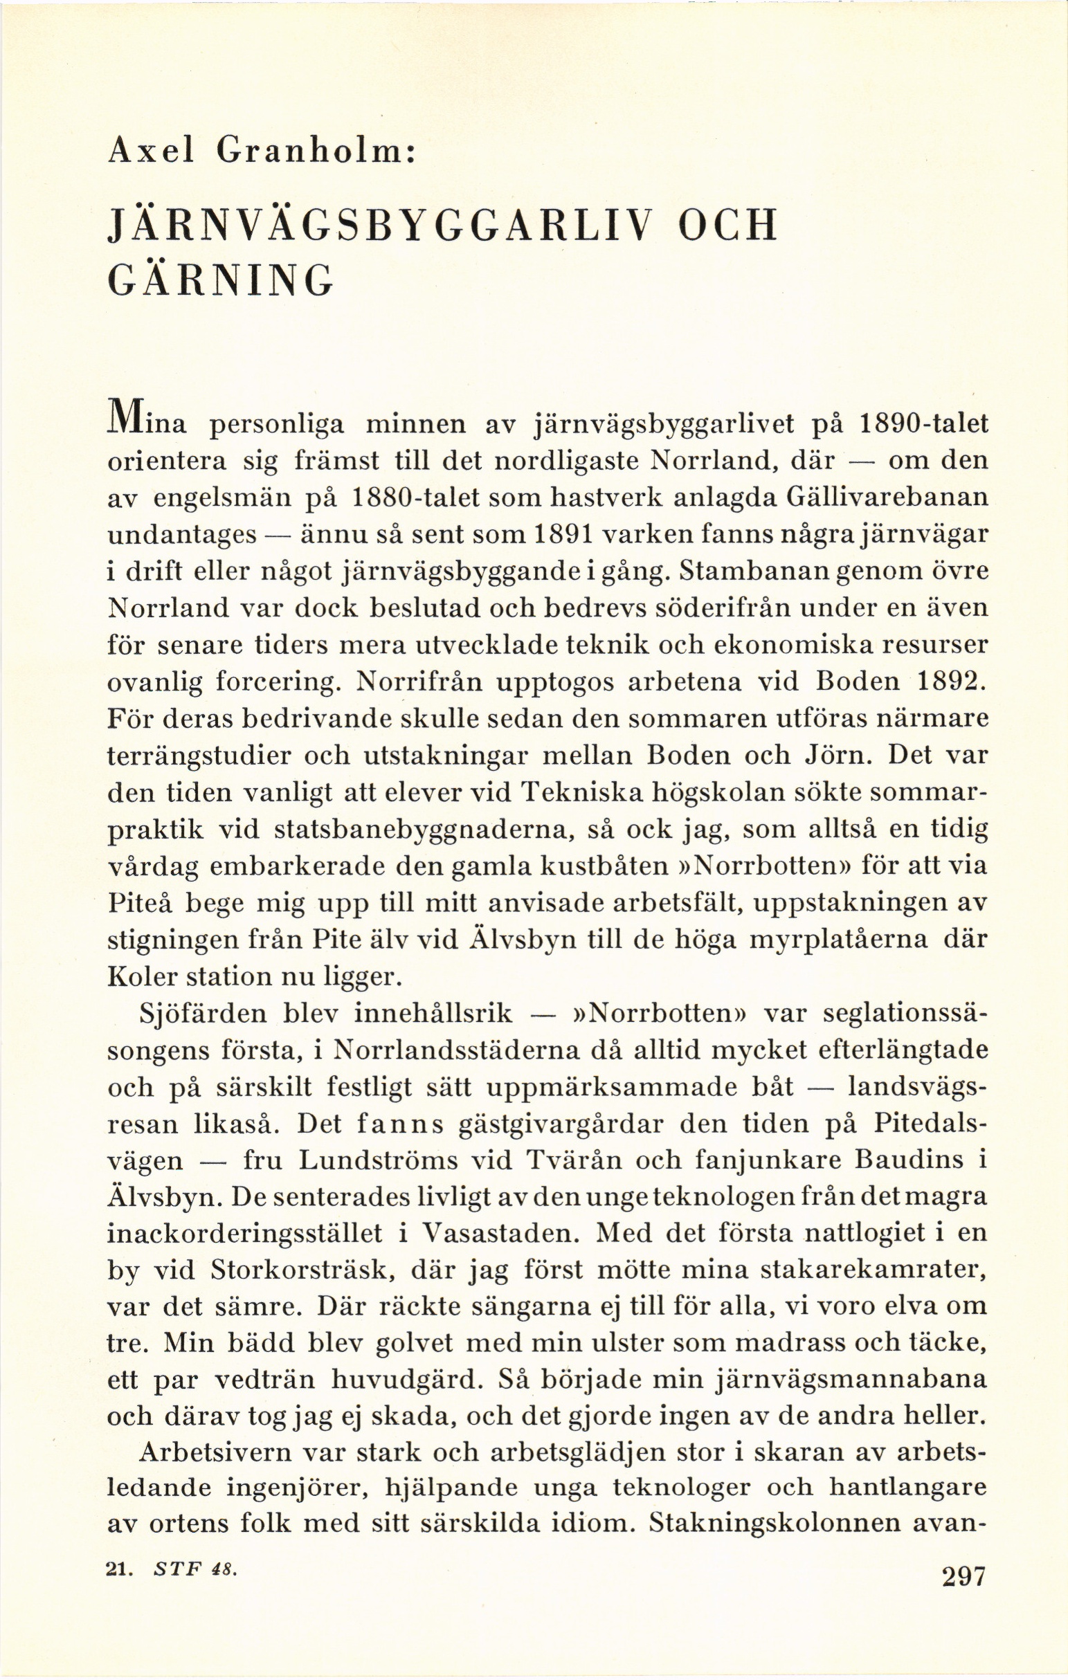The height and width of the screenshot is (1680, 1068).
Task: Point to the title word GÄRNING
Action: [x=221, y=282]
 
